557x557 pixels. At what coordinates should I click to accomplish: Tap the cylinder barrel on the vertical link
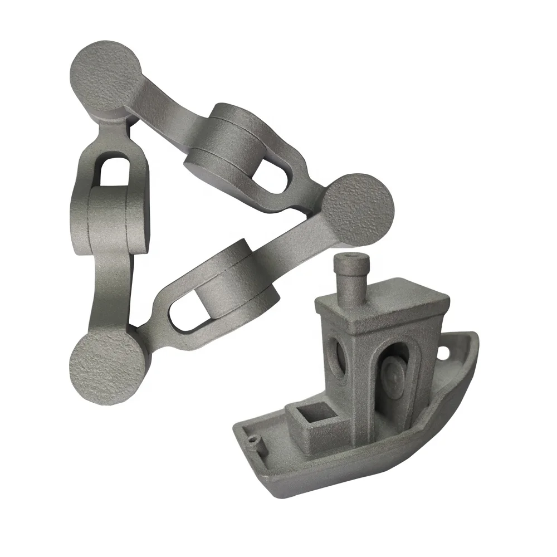pos(111,220)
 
